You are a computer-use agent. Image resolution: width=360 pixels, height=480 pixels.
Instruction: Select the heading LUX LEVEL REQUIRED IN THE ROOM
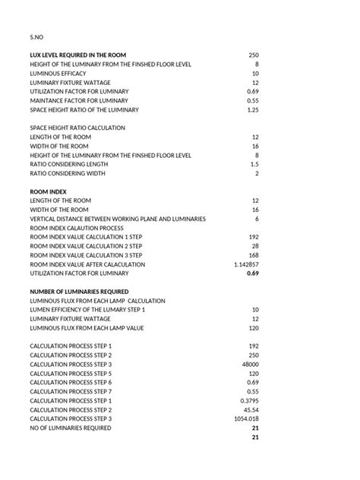[x=78, y=55]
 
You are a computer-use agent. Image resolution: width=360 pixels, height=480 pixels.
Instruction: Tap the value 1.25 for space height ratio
[x=254, y=110]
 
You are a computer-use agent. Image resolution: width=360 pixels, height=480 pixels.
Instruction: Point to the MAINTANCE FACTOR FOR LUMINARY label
[x=79, y=101]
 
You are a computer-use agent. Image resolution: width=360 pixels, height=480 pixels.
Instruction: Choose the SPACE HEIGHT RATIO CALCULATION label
[x=77, y=128]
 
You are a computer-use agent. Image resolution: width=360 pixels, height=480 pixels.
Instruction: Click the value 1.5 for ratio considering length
[x=254, y=165]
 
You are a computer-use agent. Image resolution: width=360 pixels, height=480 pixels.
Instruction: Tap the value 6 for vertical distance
[x=257, y=219]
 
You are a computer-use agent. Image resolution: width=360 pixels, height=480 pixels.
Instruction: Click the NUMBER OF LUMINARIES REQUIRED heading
[x=80, y=292]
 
